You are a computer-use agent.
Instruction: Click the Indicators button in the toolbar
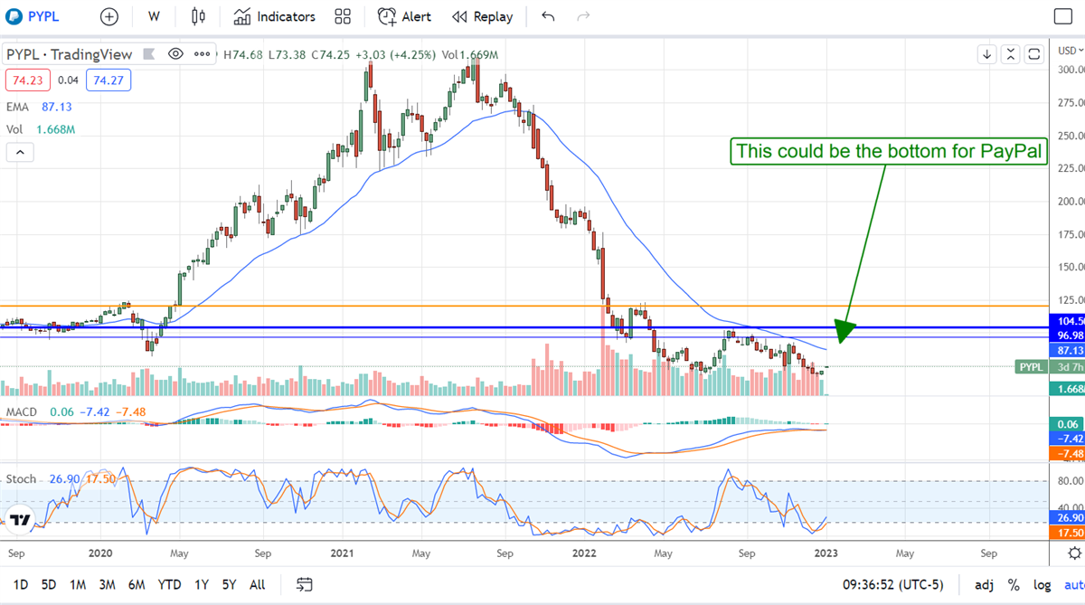274,16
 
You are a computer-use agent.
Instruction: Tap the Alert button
404,16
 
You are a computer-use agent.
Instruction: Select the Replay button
482,16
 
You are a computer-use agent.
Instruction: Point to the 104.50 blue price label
1071,321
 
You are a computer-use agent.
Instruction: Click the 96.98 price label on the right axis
1071,336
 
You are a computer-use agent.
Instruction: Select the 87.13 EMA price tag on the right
1071,350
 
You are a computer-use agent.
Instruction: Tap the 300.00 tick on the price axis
1071,70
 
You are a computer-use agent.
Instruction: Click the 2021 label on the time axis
342,553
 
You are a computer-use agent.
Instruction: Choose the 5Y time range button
230,584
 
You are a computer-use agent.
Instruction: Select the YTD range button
169,584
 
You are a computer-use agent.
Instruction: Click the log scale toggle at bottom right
1043,584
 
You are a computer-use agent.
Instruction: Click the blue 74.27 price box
108,80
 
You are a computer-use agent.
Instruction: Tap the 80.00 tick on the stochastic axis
1071,481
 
